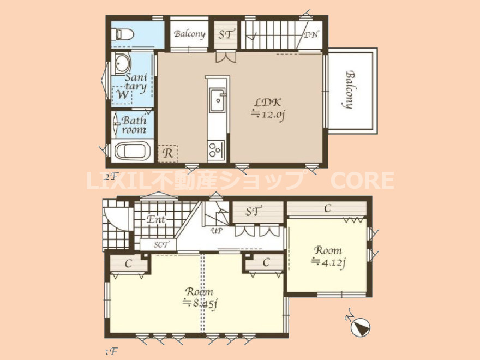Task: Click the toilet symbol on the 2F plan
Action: point(122,34)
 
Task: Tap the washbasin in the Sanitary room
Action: point(122,63)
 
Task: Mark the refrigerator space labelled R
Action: point(167,153)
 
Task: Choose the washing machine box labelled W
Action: point(122,95)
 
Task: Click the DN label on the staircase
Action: point(311,34)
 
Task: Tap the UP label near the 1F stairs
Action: point(217,231)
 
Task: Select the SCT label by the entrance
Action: point(161,244)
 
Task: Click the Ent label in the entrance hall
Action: point(156,219)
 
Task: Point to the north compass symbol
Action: point(361,327)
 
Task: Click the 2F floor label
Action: point(111,177)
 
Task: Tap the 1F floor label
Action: point(111,351)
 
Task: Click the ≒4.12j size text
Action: point(328,262)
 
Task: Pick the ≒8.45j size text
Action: point(200,303)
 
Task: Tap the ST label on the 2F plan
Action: point(226,34)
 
